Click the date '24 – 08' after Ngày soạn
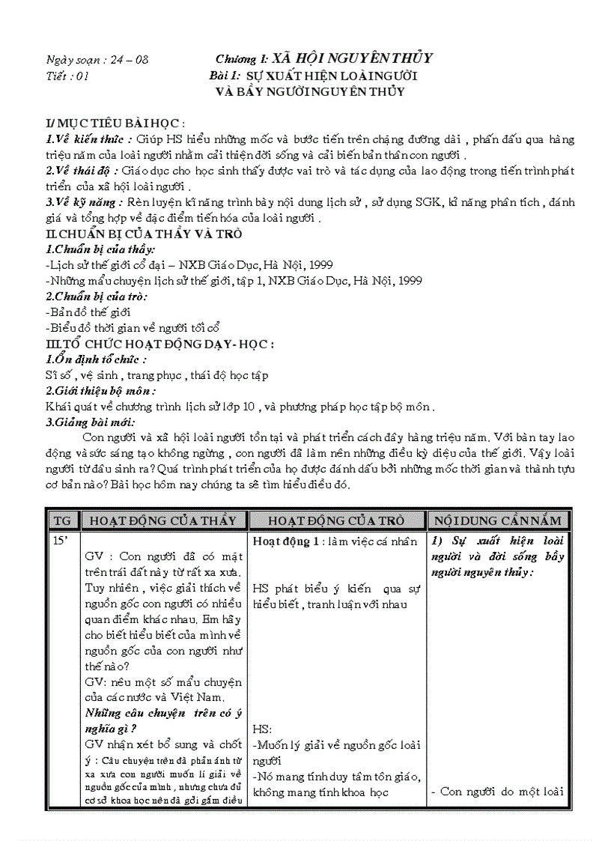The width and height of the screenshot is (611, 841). coord(142,60)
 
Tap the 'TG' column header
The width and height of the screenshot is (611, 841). coord(61,520)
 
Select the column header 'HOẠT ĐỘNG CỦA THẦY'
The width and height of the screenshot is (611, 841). coord(162,520)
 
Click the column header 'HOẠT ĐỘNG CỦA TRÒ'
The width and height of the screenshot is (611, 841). coord(336,520)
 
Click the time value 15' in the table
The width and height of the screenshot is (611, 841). coord(58,540)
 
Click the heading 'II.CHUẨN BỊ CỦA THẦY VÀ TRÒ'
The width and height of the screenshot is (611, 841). coord(143,234)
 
